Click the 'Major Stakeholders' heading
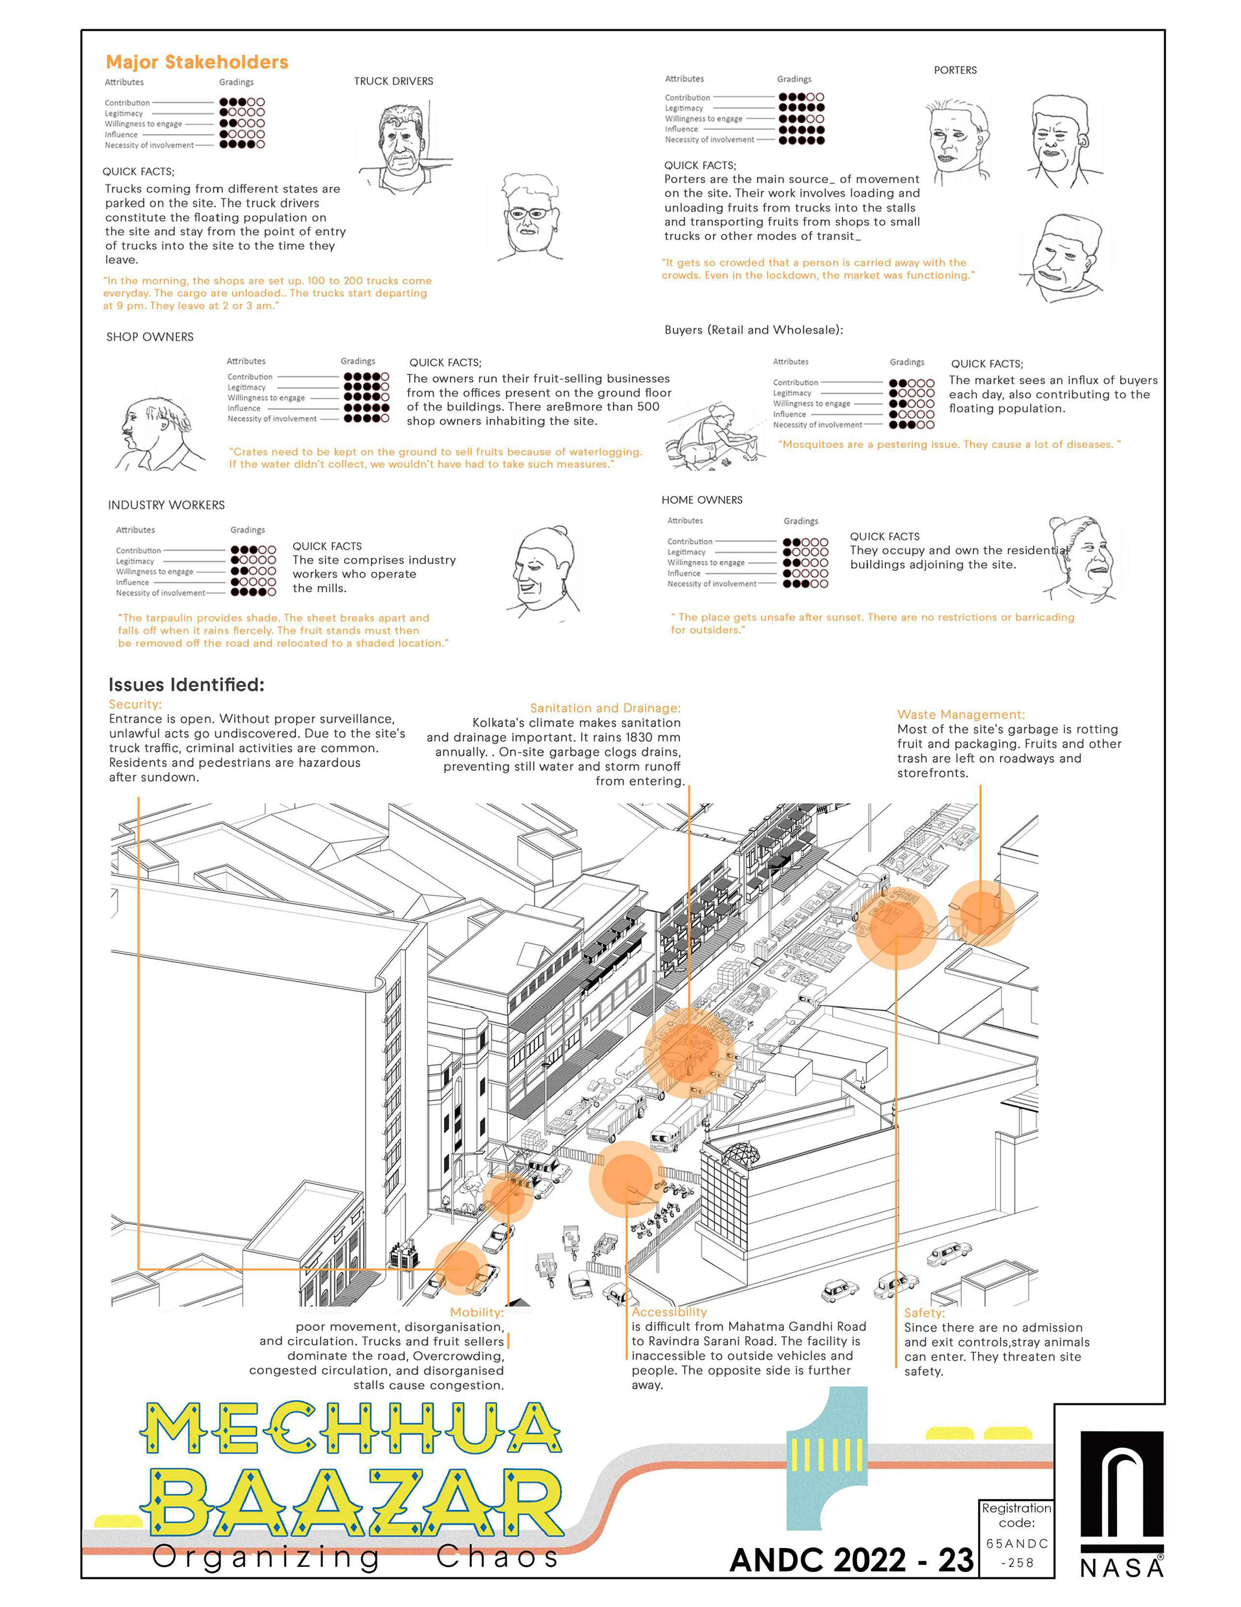click(196, 63)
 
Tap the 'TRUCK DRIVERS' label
click(393, 81)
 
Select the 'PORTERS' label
click(955, 70)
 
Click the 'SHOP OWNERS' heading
click(150, 337)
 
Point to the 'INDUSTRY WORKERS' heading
click(166, 505)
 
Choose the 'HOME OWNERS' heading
click(702, 500)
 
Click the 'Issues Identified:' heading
click(186, 684)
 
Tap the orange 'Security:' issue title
click(134, 704)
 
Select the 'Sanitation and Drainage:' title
click(605, 708)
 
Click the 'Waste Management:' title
click(960, 715)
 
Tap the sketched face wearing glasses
click(528, 217)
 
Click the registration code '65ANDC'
click(1017, 1544)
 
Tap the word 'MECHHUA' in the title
click(350, 1429)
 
